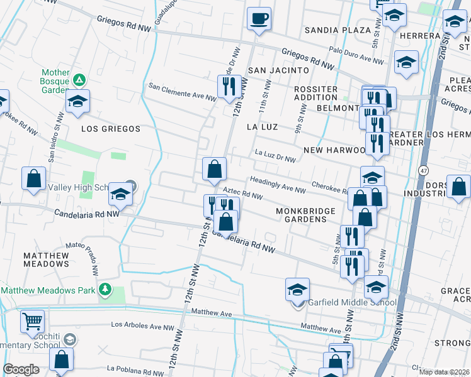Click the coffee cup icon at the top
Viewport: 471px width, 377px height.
click(x=258, y=18)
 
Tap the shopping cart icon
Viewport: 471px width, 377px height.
click(x=32, y=321)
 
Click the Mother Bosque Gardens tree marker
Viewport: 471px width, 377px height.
click(x=79, y=80)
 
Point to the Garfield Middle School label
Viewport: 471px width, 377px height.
click(x=352, y=302)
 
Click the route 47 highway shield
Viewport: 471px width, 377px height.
click(x=422, y=170)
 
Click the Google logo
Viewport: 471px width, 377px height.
click(x=21, y=369)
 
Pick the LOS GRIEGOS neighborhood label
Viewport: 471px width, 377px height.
click(x=111, y=129)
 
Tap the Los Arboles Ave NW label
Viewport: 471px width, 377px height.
click(x=142, y=326)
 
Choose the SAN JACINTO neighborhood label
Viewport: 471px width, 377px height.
click(x=278, y=70)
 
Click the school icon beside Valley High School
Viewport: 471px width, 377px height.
click(x=120, y=194)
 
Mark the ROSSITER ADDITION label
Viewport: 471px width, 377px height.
click(x=316, y=93)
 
